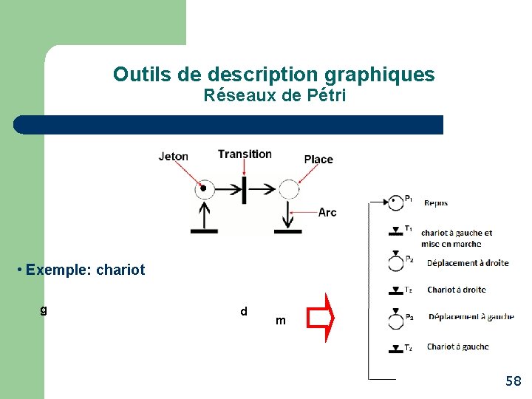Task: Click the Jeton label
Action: point(174,156)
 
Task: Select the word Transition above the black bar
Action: point(245,154)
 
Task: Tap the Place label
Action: point(318,159)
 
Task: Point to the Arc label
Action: point(327,212)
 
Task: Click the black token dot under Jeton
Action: point(203,188)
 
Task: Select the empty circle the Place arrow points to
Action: point(288,190)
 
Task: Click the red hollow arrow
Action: point(322,318)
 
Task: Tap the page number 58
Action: point(513,381)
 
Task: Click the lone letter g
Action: point(44,310)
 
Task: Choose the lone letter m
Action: point(280,321)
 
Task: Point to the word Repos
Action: point(436,203)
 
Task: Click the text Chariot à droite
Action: point(456,290)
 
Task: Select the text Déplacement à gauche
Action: point(470,317)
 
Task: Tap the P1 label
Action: point(409,199)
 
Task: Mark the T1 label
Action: point(409,228)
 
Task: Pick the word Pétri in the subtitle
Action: point(327,95)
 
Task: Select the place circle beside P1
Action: point(396,200)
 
